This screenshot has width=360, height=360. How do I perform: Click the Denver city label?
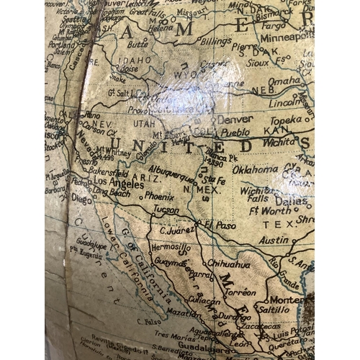click(235, 119)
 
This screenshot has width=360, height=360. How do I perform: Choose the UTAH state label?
click(144, 123)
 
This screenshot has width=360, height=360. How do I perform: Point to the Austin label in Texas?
click(274, 240)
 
